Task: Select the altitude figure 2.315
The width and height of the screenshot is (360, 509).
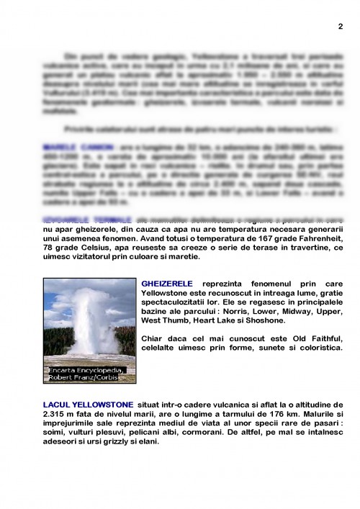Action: tap(56, 415)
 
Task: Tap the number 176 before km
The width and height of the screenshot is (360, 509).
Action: tap(267, 415)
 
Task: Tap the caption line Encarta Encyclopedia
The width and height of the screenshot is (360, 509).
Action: tap(86, 370)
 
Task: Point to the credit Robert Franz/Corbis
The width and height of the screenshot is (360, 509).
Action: tap(86, 377)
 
